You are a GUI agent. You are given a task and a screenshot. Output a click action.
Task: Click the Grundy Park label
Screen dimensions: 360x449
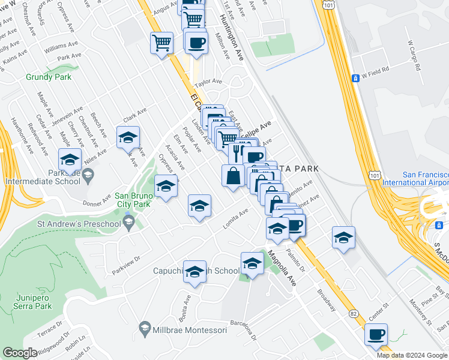(49, 77)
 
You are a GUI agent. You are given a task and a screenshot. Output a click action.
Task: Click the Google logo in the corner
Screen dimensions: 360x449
(19, 353)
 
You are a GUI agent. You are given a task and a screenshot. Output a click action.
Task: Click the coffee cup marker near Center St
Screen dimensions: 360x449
(376, 335)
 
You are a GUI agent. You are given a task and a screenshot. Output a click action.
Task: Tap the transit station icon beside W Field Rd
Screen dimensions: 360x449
(355, 78)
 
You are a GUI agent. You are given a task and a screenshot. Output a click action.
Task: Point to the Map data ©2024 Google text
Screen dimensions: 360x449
(412, 355)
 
